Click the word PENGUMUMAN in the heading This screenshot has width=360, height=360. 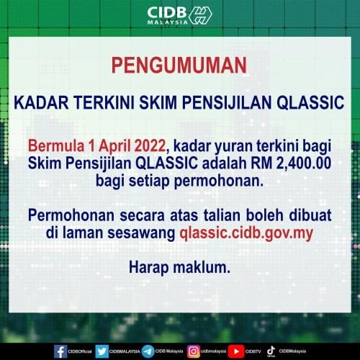tap(179, 66)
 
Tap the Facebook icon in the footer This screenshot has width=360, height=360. tap(61, 351)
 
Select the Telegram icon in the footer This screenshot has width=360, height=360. tap(148, 351)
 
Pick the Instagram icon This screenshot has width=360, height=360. tap(193, 351)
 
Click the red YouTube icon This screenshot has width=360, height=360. tap(237, 351)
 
